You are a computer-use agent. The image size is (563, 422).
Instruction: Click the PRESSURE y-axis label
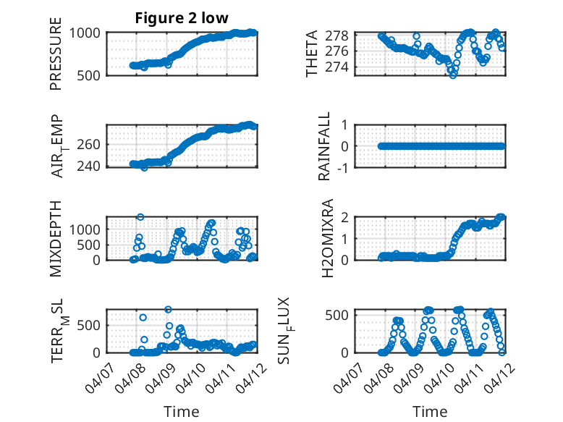[56, 54]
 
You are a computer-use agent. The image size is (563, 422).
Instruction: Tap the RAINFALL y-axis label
[325, 146]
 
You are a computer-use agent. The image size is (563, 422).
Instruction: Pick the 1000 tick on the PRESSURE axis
[89, 33]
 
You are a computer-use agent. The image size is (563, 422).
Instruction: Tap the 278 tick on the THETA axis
[342, 35]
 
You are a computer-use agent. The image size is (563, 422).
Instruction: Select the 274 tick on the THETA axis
[342, 67]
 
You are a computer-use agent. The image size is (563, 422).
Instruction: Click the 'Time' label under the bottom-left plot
[182, 411]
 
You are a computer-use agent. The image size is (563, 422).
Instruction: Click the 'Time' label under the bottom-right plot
[430, 411]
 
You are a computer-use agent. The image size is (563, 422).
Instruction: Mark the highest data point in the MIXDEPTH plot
[140, 217]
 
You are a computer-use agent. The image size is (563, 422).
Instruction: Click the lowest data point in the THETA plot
[453, 75]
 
